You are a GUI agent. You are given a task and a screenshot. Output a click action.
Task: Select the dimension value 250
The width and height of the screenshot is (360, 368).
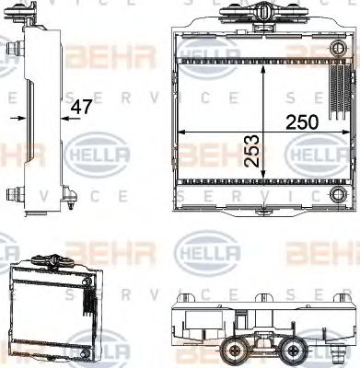pos(302,122)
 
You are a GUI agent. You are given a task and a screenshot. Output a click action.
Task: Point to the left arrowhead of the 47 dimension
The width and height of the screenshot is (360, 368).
pos(20,119)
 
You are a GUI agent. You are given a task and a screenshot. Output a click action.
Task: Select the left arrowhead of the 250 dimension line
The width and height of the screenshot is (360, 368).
pos(181,133)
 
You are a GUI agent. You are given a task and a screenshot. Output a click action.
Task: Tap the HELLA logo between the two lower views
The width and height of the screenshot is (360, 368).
pos(206,250)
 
